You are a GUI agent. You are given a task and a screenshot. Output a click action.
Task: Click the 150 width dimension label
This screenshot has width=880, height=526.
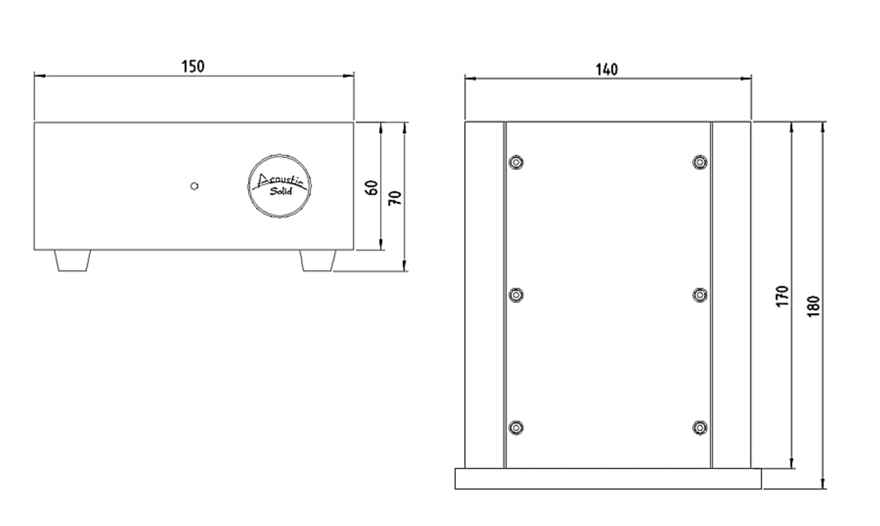193,66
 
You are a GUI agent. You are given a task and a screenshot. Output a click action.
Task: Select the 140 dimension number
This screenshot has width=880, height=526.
607,69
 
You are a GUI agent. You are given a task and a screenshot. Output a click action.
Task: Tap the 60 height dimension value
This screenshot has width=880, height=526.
372,188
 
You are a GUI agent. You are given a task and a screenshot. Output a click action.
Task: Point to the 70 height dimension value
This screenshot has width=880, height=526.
395,196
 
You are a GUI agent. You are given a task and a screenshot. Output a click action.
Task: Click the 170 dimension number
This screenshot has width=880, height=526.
783,296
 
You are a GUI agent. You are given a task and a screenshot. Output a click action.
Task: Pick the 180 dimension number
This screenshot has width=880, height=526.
813,306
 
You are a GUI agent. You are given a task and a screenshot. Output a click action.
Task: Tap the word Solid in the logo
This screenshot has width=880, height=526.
281,192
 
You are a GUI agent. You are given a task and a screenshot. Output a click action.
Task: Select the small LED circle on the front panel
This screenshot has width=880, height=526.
194,186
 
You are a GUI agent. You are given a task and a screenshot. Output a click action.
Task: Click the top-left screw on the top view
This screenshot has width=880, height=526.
517,162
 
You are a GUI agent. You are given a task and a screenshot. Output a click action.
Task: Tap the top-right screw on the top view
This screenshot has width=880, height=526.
700,162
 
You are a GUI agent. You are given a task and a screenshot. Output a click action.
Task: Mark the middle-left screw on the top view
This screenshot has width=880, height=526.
517,296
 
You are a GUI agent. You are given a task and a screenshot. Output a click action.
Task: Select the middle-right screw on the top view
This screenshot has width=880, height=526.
700,296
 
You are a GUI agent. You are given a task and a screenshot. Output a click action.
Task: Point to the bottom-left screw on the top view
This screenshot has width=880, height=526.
517,428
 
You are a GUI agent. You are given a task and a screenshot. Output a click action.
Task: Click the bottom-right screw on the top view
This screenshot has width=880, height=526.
700,428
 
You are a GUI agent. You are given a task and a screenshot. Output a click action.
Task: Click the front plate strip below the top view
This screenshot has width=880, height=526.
608,479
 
